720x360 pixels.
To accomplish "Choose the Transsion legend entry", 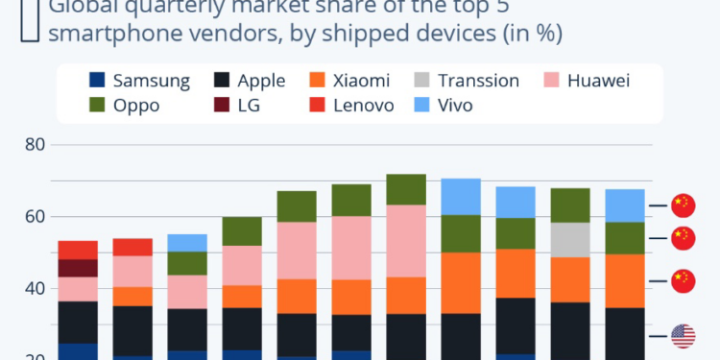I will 478,81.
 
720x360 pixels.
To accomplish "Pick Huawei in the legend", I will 588,81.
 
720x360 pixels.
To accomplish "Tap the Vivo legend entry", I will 461,105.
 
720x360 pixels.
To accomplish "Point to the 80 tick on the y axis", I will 36,146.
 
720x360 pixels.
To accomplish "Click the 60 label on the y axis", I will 36,217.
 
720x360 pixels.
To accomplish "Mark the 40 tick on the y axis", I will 36,288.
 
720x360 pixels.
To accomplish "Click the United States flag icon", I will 683,336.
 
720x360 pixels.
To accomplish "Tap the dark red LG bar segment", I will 78,268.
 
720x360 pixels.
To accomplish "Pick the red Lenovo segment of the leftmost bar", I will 78,250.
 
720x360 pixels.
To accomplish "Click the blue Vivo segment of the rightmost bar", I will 625,205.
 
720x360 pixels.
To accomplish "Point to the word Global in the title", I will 82,8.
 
